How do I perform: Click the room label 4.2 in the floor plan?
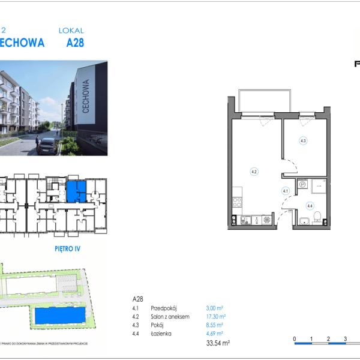coord(254,172)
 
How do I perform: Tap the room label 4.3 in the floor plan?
coord(303,142)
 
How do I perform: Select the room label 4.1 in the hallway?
coord(286,191)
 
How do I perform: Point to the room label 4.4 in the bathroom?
coord(310,206)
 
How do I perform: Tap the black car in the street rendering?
coord(47,145)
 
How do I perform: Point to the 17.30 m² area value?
coord(215,316)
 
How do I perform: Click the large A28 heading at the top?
coord(75,43)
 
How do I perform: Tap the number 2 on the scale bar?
coord(328,338)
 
